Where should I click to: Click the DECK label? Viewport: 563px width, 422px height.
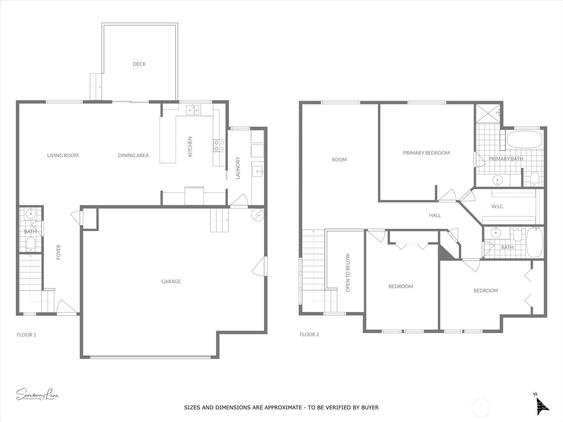139,64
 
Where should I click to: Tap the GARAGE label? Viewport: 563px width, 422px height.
171,281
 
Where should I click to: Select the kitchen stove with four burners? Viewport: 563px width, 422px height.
219,146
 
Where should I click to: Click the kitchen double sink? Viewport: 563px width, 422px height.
194,110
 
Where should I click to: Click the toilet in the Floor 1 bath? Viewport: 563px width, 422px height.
31,244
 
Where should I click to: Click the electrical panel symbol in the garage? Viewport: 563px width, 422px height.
258,215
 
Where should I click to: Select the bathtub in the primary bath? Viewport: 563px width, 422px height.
525,140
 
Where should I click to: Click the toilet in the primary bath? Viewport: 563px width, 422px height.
534,179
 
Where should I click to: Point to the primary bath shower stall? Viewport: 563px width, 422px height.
488,113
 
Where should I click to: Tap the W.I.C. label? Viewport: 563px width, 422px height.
498,206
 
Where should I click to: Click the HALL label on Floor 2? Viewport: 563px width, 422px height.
435,216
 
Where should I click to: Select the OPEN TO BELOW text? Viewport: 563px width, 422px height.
348,273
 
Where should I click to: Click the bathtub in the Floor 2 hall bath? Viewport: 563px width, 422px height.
534,242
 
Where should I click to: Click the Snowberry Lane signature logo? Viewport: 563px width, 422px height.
37,394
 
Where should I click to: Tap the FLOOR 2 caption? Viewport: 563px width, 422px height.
309,334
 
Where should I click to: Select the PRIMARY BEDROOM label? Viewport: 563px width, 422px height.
426,153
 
